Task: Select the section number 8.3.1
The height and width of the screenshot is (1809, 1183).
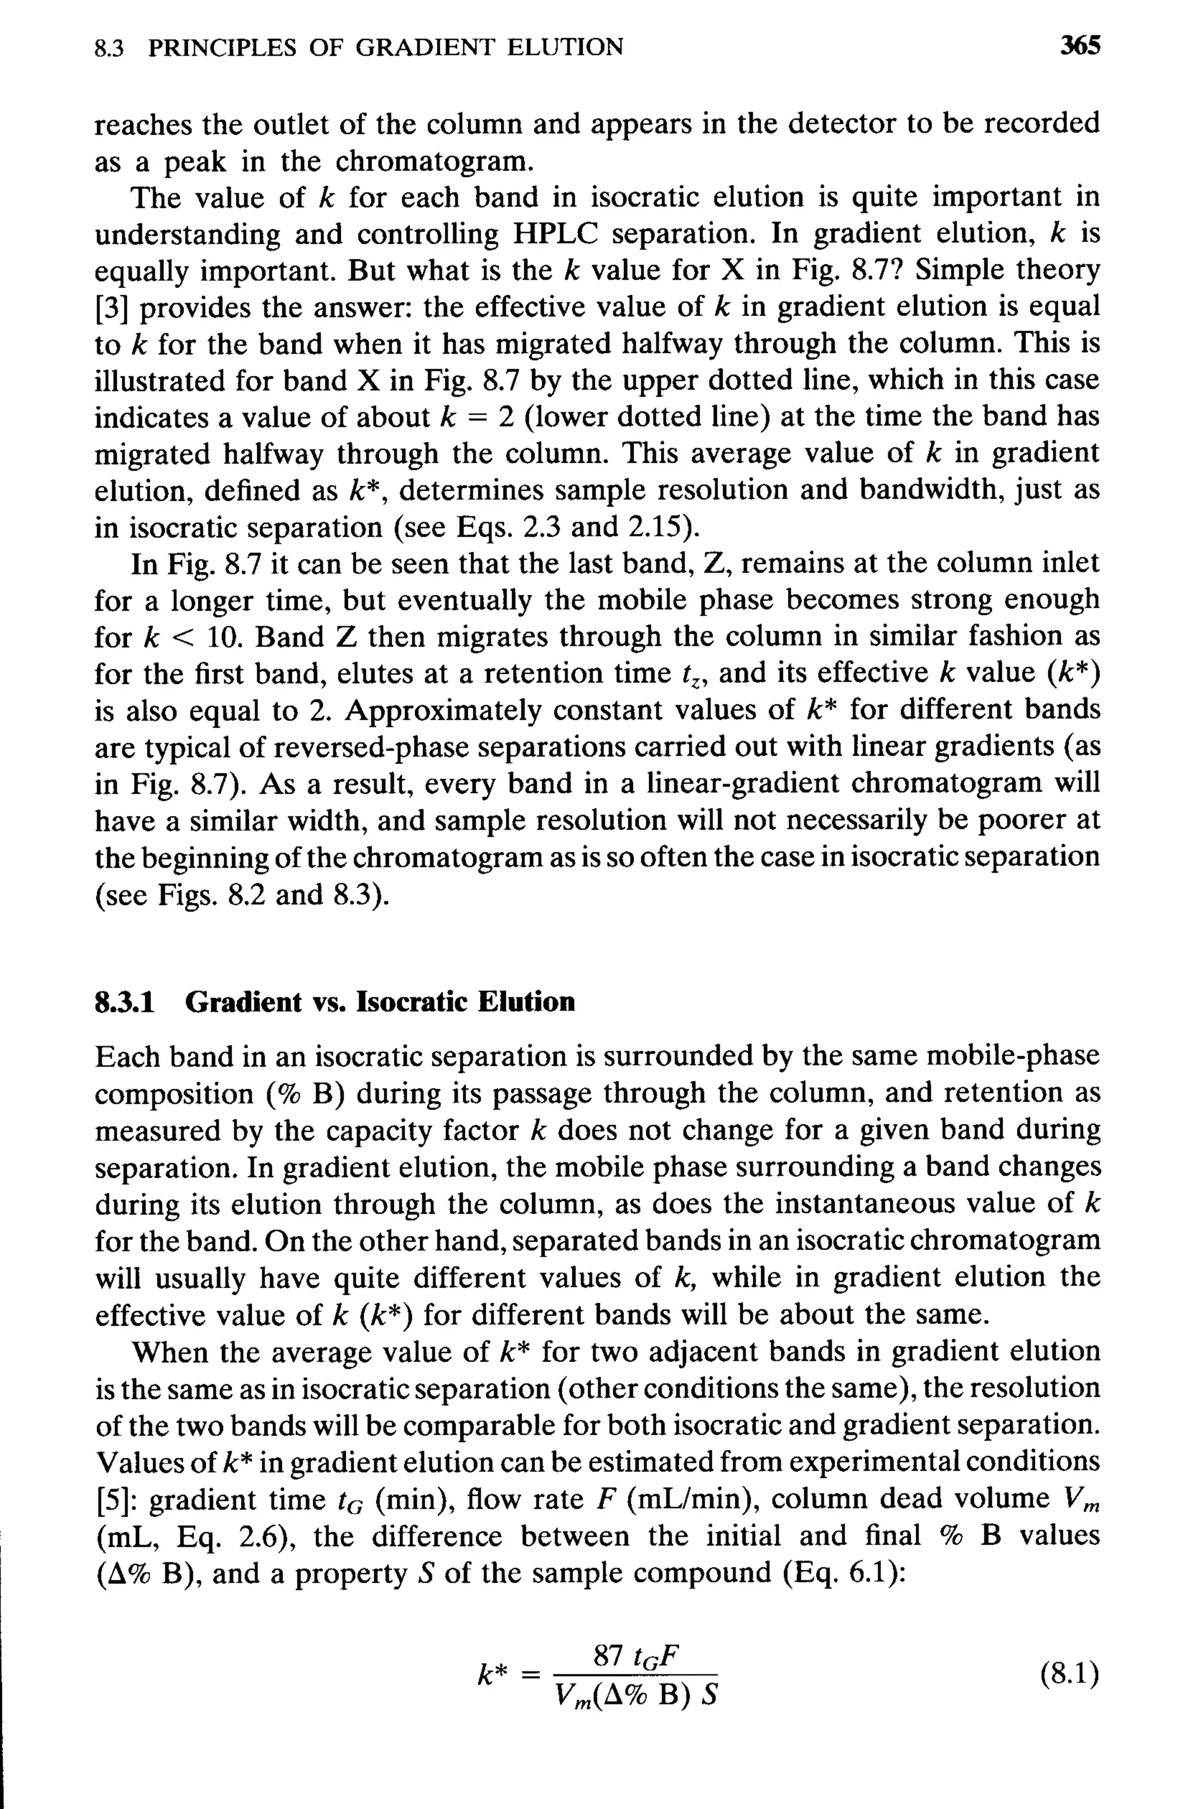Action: [125, 1002]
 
